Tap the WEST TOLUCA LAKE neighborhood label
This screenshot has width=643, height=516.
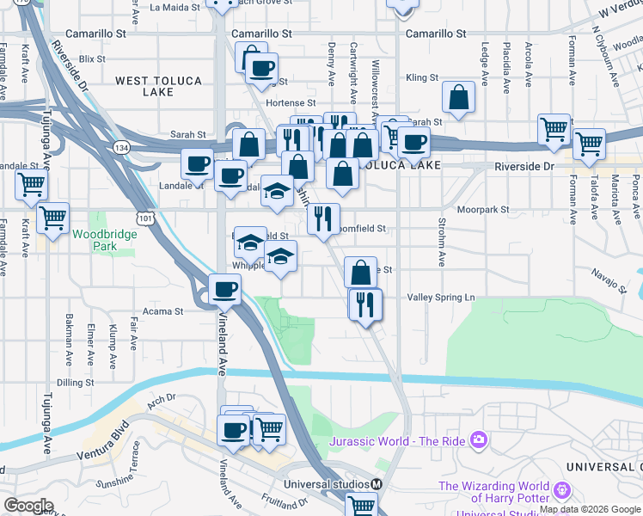(x=158, y=87)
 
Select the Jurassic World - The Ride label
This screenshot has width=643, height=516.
(x=397, y=441)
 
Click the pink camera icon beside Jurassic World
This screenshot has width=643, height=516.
(x=479, y=441)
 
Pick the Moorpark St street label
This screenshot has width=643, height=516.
(x=482, y=209)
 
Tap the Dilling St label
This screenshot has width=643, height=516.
(x=75, y=382)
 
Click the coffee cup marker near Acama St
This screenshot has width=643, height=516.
(x=225, y=290)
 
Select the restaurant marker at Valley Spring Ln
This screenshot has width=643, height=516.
(x=365, y=304)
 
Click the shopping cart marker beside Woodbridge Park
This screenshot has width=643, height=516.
(x=53, y=218)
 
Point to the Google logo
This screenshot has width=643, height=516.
(x=28, y=506)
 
